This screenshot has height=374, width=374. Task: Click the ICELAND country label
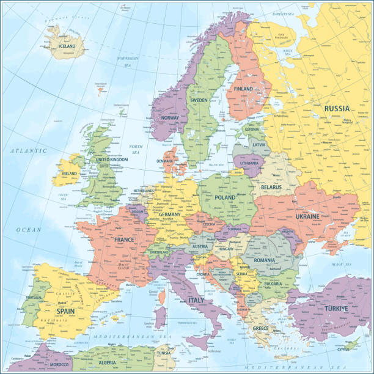pyautogui.click(x=67, y=46)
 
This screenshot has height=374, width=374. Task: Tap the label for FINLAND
pyautogui.click(x=243, y=89)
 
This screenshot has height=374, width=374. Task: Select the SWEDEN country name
pyautogui.click(x=199, y=100)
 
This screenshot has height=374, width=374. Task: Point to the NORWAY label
pyautogui.click(x=169, y=118)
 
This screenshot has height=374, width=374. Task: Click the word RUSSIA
pyautogui.click(x=337, y=109)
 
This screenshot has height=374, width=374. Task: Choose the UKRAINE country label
pyautogui.click(x=307, y=216)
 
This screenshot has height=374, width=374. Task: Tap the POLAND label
pyautogui.click(x=226, y=197)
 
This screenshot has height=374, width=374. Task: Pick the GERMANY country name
pyautogui.click(x=170, y=215)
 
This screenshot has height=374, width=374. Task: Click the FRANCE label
pyautogui.click(x=124, y=240)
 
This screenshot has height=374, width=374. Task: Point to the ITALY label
pyautogui.click(x=196, y=300)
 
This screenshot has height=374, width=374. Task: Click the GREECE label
pyautogui.click(x=261, y=328)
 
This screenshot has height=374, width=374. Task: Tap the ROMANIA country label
pyautogui.click(x=265, y=260)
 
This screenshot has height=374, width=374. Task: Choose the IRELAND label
pyautogui.click(x=70, y=174)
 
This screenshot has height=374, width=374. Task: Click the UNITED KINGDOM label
pyautogui.click(x=112, y=159)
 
